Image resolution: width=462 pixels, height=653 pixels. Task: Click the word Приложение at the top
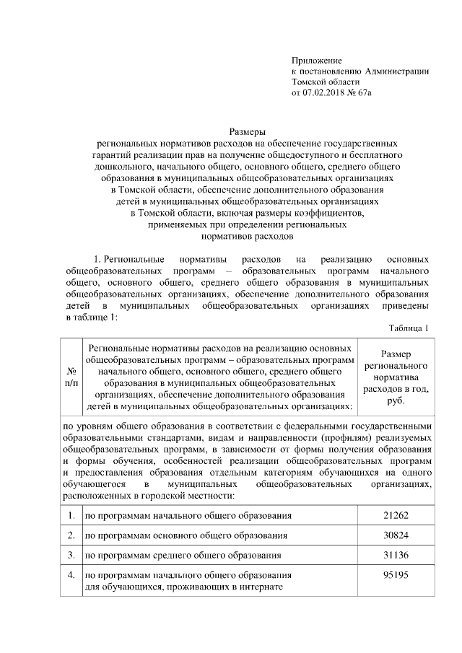[x=316, y=60]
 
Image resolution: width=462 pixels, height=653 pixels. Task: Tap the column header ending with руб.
[x=395, y=376]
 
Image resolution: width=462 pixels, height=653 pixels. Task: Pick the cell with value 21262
[x=395, y=516]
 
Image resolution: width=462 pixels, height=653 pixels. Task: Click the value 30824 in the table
[x=395, y=536]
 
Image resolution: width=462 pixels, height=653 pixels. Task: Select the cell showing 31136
[x=395, y=556]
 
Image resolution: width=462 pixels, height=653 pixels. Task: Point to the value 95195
[x=395, y=575]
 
